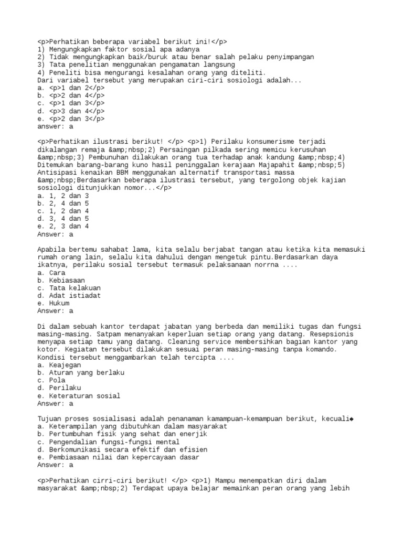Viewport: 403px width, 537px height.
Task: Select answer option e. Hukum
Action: click(x=55, y=304)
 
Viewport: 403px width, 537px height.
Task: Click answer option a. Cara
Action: click(x=51, y=273)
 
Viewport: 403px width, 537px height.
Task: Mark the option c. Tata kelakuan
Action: click(x=69, y=288)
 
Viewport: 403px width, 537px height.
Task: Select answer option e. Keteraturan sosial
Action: click(x=78, y=396)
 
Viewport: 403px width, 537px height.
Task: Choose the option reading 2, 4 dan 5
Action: click(x=63, y=203)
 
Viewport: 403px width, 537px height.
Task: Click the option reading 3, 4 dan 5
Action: click(x=63, y=219)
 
